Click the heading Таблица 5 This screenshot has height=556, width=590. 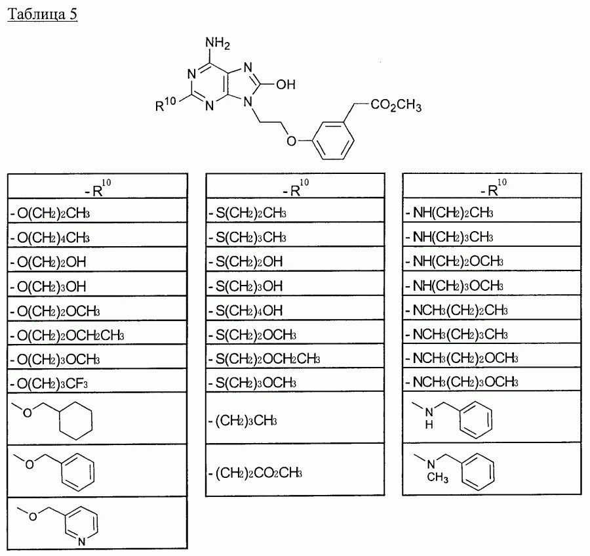pyautogui.click(x=43, y=14)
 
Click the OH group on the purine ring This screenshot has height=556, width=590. pyautogui.click(x=286, y=84)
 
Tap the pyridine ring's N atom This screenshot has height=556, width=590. pyautogui.click(x=81, y=542)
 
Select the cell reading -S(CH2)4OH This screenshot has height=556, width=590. pyautogui.click(x=246, y=310)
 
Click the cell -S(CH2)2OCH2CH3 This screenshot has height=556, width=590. pyautogui.click(x=264, y=358)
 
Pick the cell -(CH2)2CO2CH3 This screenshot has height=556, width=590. pyautogui.click(x=258, y=472)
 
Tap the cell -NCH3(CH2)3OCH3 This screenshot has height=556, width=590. pyautogui.click(x=463, y=383)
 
